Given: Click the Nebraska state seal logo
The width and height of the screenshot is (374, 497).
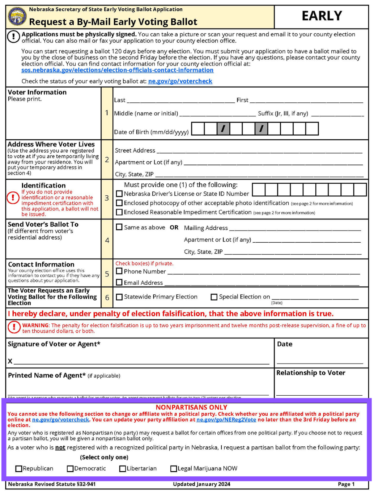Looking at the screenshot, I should click(17, 17).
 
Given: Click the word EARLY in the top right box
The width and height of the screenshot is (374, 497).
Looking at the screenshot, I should click(322, 16).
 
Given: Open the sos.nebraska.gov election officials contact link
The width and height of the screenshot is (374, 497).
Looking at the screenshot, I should click(117, 70).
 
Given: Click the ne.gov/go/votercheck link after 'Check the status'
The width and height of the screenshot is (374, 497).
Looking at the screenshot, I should click(180, 81).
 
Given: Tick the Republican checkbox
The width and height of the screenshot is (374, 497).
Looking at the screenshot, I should click(19, 469).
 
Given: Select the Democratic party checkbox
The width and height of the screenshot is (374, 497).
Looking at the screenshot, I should click(71, 469).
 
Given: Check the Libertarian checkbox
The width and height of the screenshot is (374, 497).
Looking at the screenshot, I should click(123, 469).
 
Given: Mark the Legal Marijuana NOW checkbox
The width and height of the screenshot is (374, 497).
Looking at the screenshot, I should click(174, 469).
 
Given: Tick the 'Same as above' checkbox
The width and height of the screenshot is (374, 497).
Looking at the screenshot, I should click(119, 227).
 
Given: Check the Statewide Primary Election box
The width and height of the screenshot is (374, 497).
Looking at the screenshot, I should click(119, 297).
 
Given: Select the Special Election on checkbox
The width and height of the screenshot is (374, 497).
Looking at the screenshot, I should click(214, 297).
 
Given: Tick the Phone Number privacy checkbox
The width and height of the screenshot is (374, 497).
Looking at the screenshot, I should click(119, 271).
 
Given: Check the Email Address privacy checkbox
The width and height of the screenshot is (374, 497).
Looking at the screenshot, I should click(119, 283).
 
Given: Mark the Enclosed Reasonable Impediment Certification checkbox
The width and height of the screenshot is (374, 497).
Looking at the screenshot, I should click(119, 212).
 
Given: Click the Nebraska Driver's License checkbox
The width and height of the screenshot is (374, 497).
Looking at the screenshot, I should click(119, 194).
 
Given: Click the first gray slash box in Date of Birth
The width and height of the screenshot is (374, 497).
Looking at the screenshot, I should click(223, 128).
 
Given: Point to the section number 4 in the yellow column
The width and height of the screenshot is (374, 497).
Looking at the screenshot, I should click(107, 240).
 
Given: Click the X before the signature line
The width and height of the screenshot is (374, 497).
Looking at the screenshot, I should click(10, 361).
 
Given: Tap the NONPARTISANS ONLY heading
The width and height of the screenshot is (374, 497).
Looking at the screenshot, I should click(191, 407).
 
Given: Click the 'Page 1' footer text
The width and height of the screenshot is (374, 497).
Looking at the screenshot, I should click(346, 484).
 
